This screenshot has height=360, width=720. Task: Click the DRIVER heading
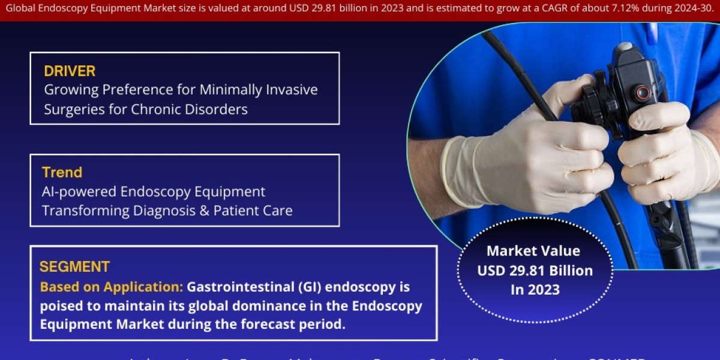[x=70, y=71]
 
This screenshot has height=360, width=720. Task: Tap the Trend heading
[x=62, y=173]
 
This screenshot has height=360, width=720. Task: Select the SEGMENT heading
[x=74, y=267]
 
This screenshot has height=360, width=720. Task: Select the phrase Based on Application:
[x=112, y=287]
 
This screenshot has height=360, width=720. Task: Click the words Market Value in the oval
[x=534, y=251]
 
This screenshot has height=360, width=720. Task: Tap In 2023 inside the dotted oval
[x=534, y=289]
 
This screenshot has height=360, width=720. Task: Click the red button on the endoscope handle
[x=643, y=93]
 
